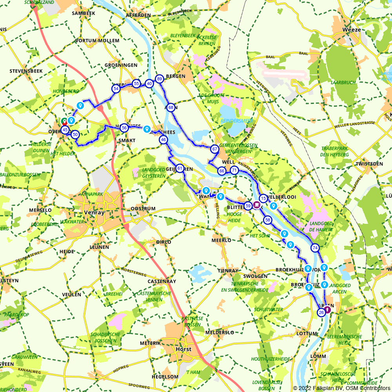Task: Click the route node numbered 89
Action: [159, 79]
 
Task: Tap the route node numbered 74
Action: [315, 248]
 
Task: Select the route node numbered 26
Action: [321, 312]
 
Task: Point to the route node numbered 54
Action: [116, 89]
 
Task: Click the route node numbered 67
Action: [214, 149]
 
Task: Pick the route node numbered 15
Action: [263, 198]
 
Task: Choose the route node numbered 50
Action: [75, 134]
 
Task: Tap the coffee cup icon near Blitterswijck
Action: [257, 204]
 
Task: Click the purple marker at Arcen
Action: [327, 310]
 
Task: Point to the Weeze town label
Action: [351, 30]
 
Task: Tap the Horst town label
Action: [184, 349]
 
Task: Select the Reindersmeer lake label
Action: [236, 121]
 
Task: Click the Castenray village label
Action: [160, 281]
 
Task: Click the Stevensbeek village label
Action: [25, 71]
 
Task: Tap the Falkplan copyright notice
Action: [341, 388]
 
